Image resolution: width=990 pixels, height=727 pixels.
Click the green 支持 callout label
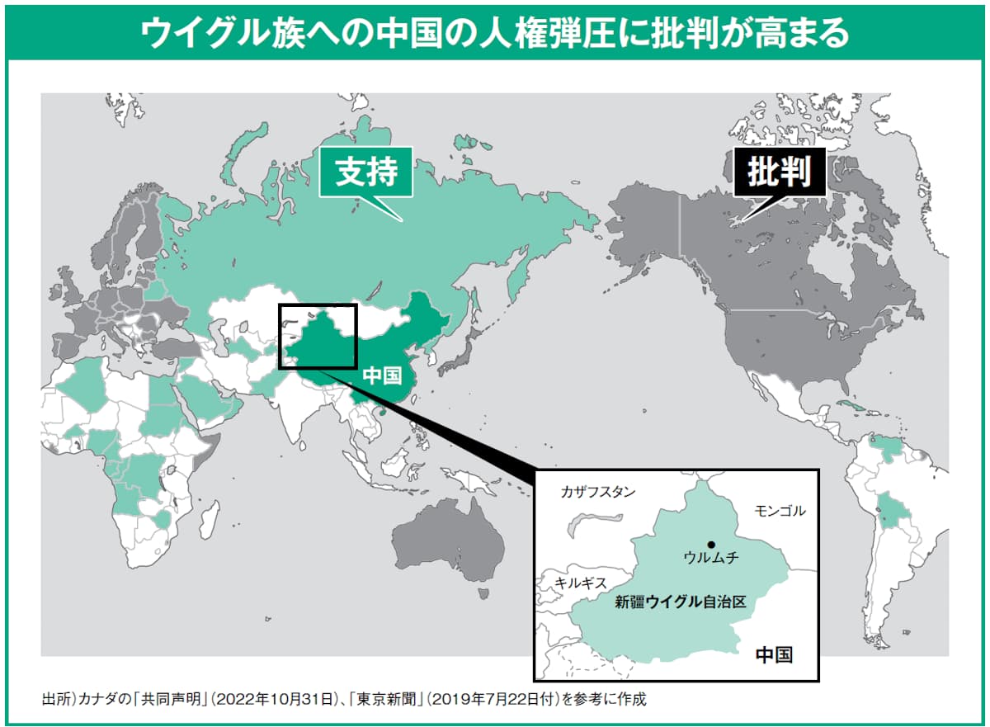pyautogui.click(x=366, y=172)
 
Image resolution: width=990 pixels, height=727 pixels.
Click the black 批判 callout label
pyautogui.click(x=780, y=172)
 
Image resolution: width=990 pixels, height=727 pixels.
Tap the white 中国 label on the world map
pyautogui.click(x=382, y=375)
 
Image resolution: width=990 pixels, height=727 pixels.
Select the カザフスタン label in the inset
pyautogui.click(x=597, y=492)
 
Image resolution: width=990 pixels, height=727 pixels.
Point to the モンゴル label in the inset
pyautogui.click(x=780, y=511)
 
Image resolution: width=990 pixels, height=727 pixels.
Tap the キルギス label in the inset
pyautogui.click(x=580, y=581)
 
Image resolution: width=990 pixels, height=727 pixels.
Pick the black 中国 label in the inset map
pyautogui.click(x=774, y=654)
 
